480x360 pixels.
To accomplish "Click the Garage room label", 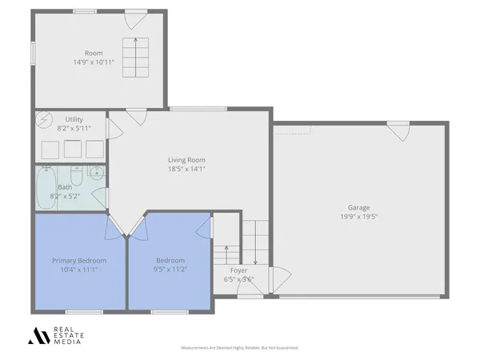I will (359, 207).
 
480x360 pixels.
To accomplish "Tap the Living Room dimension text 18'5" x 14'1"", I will (186, 169).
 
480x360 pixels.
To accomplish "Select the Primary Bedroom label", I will (79, 260).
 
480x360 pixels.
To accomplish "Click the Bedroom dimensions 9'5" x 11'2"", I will (170, 270).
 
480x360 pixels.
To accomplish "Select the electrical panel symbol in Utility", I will (43, 120).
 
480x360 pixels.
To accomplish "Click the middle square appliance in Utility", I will (74, 149).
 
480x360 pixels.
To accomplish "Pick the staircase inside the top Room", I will (135, 57).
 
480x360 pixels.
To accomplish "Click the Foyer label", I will (239, 271).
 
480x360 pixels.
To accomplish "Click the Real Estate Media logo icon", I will (38, 336).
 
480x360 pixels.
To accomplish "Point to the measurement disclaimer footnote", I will (239, 349).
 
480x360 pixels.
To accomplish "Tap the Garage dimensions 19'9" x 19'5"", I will (359, 217).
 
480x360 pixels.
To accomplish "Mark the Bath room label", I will (64, 187).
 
